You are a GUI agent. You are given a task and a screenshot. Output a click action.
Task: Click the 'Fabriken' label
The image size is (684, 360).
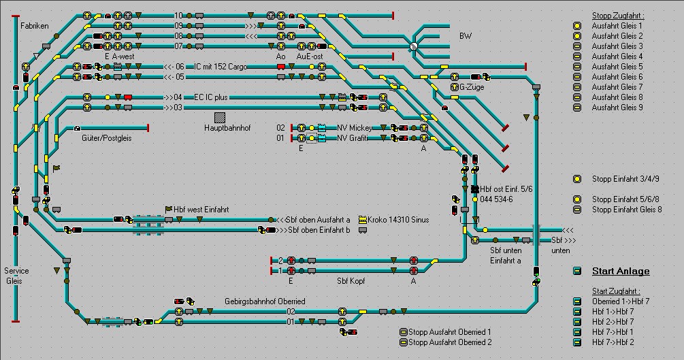(x=35, y=25)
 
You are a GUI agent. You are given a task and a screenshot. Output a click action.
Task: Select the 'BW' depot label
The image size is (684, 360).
(x=465, y=35)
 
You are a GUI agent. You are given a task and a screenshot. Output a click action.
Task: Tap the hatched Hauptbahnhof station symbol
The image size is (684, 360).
(x=219, y=118)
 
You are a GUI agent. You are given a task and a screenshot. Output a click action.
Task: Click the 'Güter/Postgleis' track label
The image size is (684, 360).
(x=107, y=137)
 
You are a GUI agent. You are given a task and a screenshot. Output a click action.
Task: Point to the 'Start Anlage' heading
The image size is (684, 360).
(x=620, y=271)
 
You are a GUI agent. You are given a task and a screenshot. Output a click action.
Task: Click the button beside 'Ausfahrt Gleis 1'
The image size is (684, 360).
(x=577, y=26)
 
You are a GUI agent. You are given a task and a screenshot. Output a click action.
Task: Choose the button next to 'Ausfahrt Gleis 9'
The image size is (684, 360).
(x=577, y=108)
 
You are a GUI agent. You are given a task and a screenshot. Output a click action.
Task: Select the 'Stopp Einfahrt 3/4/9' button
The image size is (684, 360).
(x=577, y=179)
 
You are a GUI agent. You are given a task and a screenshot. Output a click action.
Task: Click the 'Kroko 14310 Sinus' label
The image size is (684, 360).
(x=398, y=220)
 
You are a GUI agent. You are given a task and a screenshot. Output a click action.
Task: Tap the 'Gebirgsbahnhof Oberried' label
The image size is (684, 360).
(x=265, y=301)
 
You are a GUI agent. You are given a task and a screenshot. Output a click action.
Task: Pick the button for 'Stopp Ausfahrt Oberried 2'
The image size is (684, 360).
(x=403, y=342)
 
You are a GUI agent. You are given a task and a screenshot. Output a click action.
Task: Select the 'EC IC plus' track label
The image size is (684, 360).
(x=211, y=97)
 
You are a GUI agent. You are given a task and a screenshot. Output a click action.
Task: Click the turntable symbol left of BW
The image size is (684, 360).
(x=413, y=46)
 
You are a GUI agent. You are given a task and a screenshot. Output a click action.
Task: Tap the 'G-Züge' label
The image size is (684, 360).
(x=463, y=87)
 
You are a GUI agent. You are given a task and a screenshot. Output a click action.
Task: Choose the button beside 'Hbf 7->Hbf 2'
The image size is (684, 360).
(x=577, y=342)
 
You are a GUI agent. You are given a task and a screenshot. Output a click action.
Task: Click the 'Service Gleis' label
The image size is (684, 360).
(x=16, y=276)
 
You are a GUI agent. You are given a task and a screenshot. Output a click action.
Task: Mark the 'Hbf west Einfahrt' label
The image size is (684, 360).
(x=202, y=210)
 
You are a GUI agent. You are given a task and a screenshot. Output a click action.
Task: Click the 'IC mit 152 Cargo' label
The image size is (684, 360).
(x=221, y=67)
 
